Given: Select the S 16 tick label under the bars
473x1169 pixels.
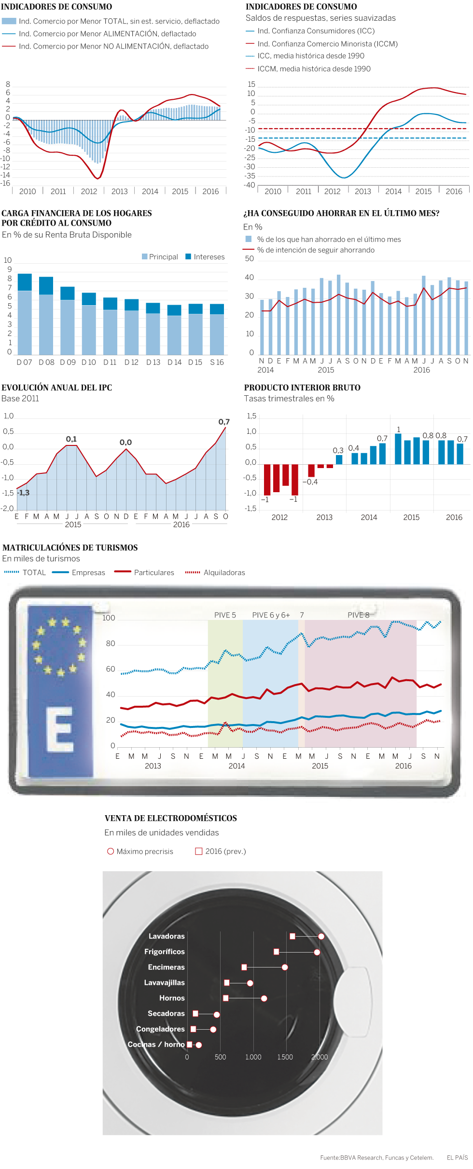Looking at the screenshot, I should (217, 363).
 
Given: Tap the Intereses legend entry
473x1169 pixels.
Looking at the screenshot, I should (205, 257).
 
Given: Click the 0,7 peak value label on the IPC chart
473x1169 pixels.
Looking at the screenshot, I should (224, 422).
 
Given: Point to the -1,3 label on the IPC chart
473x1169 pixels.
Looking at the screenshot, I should (23, 493).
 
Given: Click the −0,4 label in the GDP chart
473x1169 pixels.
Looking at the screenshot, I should (310, 482).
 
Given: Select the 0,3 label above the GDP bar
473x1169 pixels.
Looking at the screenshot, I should (338, 450).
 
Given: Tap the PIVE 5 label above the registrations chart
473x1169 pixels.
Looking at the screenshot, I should (225, 615).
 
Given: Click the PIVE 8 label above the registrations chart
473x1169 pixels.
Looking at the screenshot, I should (358, 615).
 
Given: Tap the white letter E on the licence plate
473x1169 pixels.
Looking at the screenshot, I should (60, 729).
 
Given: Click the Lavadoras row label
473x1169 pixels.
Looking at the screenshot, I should (167, 936).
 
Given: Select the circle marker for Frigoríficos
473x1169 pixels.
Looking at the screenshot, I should (317, 952).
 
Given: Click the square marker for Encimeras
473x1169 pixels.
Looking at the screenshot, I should (244, 967).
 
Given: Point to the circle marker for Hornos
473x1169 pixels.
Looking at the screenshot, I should (264, 998).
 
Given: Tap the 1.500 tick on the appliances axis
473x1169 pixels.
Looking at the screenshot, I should (285, 1057).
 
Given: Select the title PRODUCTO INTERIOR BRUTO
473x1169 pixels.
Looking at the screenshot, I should (302, 388).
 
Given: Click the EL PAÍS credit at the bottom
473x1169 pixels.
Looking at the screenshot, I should (457, 1157).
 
